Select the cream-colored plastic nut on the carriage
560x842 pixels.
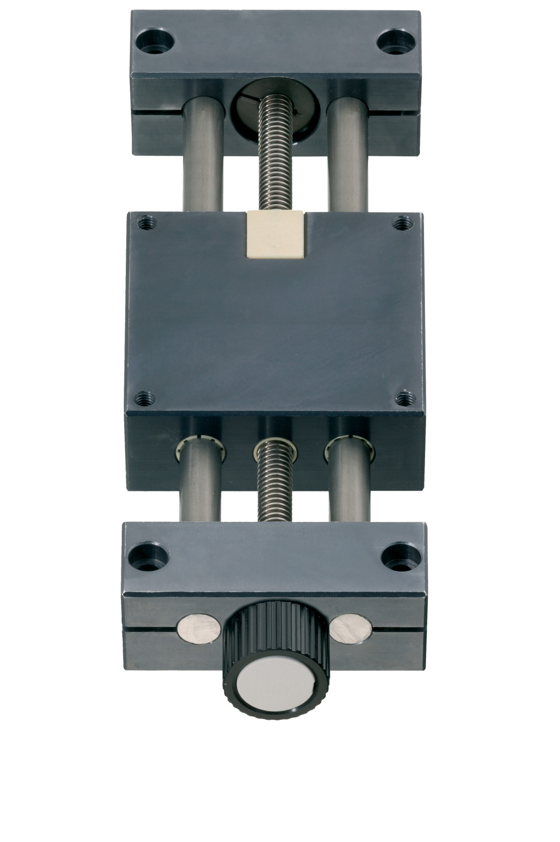275,235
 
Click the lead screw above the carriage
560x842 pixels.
275,163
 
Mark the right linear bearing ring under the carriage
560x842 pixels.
351,446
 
